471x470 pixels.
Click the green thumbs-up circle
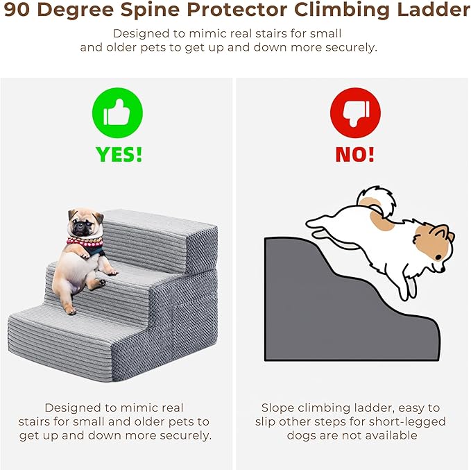click(x=117, y=112)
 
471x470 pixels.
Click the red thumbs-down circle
click(x=355, y=112)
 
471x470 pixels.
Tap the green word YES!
click(x=119, y=155)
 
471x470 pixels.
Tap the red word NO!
click(x=355, y=155)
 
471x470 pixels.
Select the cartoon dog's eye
click(x=438, y=257)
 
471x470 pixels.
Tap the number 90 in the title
click(x=17, y=10)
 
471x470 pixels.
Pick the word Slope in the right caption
click(x=277, y=408)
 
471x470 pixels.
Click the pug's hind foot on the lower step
click(x=71, y=310)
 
